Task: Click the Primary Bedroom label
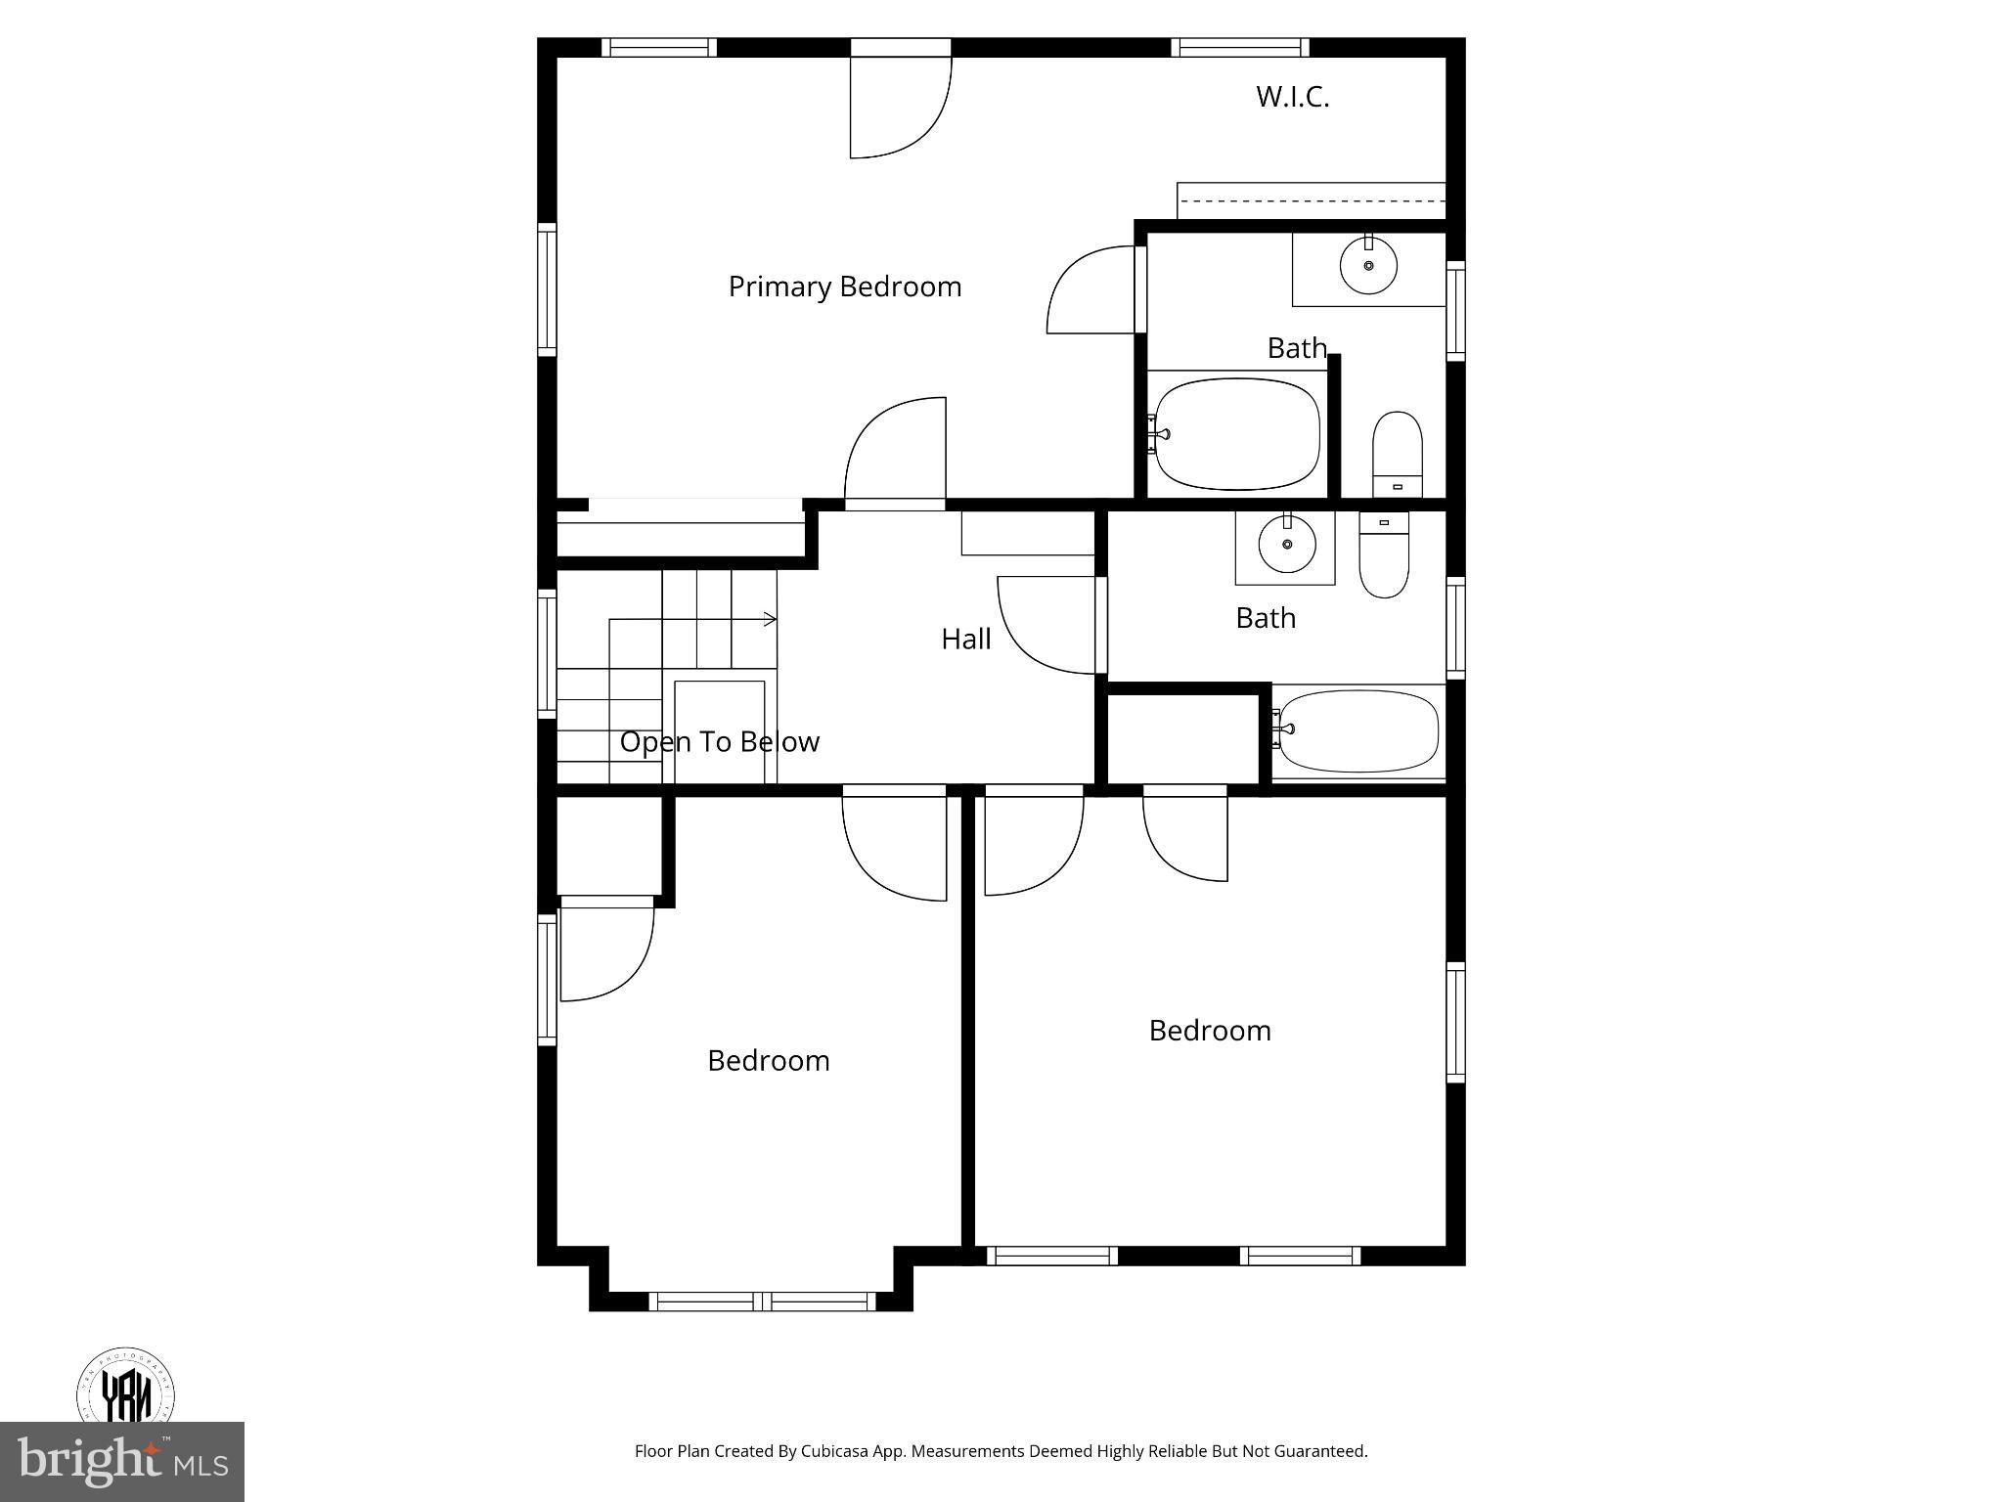coord(845,287)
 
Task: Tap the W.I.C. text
coord(1292,97)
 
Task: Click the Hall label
coord(965,639)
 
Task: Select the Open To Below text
coord(719,741)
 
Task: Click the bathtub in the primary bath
coord(1237,434)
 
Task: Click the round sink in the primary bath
coord(1368,265)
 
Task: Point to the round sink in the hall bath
coord(1287,544)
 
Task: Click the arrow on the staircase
coord(769,619)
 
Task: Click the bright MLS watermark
coord(122,1461)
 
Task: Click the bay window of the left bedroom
coord(763,1301)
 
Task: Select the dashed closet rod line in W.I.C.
coord(1311,201)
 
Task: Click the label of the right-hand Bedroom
coord(1210,1031)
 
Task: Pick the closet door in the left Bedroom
coord(606,949)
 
